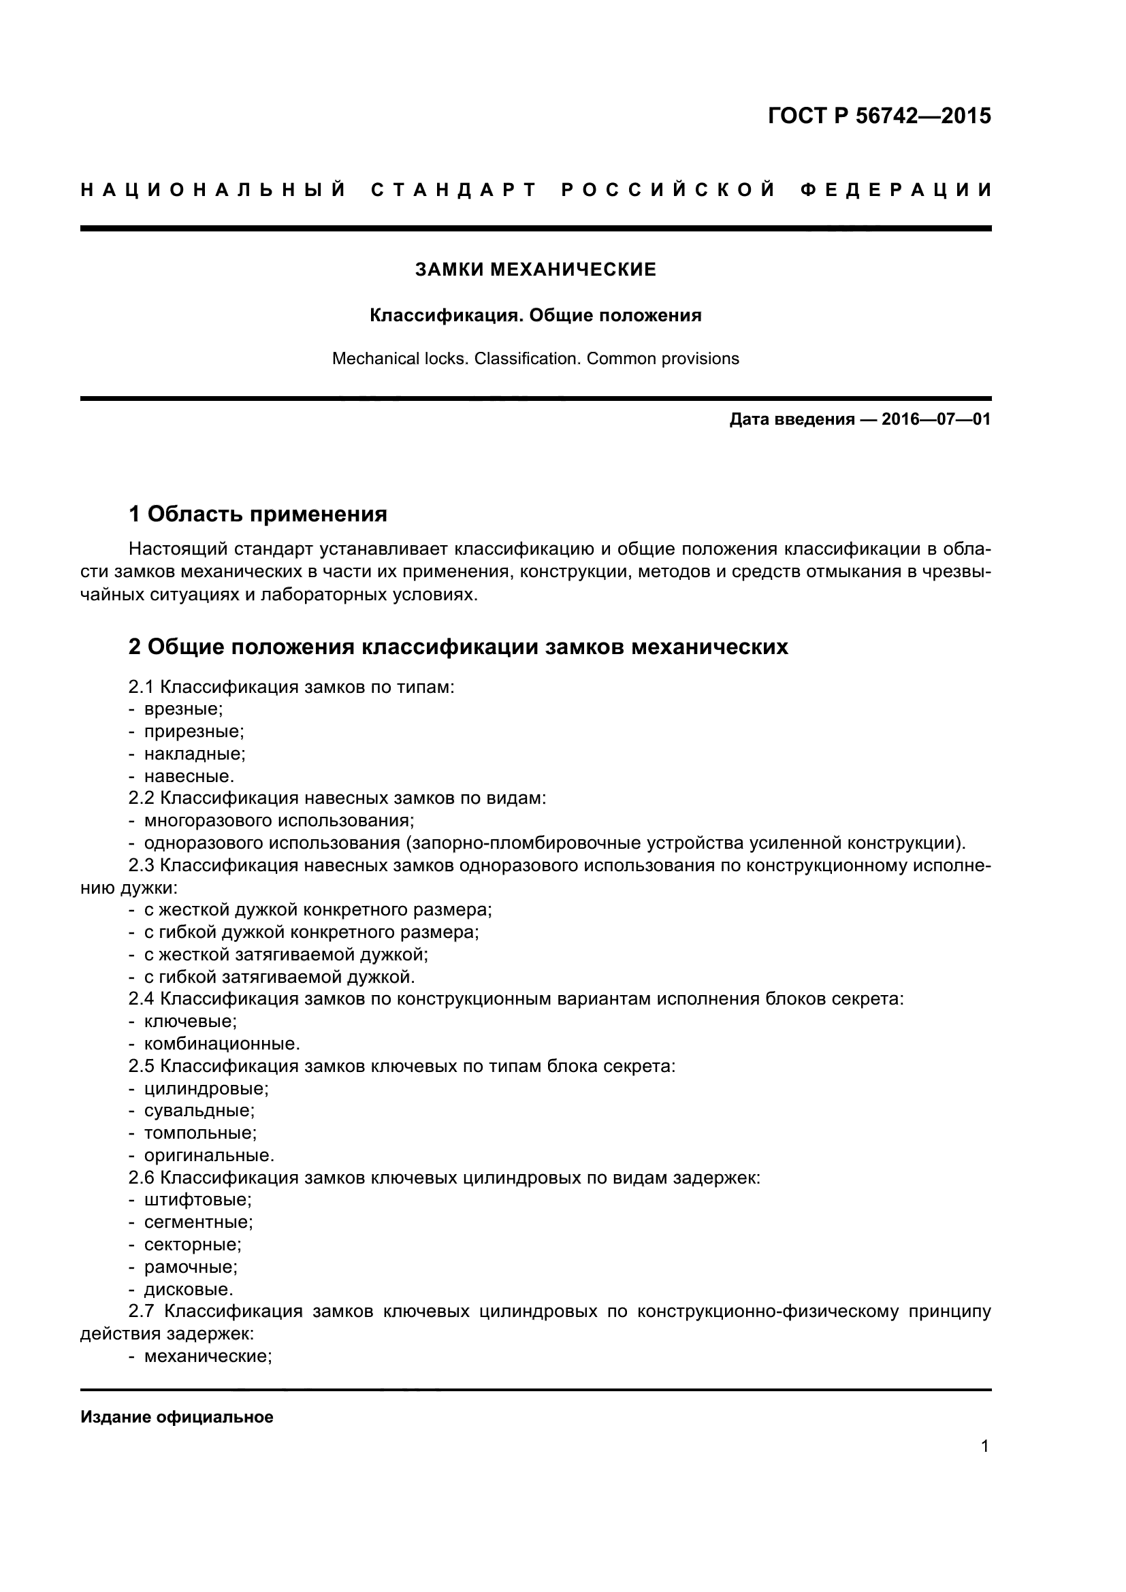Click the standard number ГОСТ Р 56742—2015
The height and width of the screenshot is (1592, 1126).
click(879, 116)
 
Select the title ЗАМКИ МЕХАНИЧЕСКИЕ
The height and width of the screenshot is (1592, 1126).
click(535, 270)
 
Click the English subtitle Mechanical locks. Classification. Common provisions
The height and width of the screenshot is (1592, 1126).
click(535, 359)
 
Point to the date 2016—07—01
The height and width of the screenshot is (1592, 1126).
click(936, 419)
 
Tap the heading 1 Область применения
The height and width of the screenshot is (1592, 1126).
click(257, 514)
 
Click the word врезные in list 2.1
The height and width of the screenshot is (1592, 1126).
click(183, 709)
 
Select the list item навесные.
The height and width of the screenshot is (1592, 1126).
click(189, 776)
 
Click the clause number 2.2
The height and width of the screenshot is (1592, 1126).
click(142, 798)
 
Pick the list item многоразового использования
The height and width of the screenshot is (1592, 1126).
click(278, 820)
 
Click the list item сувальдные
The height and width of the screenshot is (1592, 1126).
click(199, 1111)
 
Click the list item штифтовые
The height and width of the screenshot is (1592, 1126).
click(197, 1199)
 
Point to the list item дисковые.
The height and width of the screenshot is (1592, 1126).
click(188, 1289)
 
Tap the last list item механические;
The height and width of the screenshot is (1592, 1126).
click(208, 1357)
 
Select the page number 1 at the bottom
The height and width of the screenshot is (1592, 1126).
click(984, 1466)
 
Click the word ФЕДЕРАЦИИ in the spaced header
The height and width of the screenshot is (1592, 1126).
click(896, 190)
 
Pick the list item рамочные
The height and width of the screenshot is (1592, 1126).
click(191, 1267)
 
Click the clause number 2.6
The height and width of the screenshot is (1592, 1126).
click(142, 1177)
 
